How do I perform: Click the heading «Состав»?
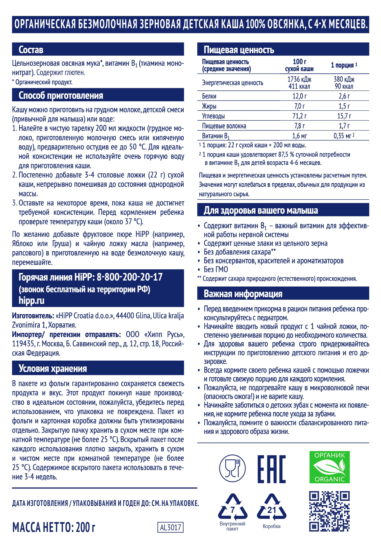pos(31,50)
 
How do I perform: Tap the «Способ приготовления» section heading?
pos(61,95)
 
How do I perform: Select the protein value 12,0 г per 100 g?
pos(299,96)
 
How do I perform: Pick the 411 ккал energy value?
pos(299,87)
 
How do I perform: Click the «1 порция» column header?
pos(343,65)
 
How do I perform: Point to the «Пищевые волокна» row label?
pos(224,126)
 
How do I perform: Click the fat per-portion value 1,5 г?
pos(344,106)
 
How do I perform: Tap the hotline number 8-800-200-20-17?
pos(130,277)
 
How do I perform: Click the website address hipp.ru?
pos(31,300)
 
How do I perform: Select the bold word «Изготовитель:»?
pos(33,316)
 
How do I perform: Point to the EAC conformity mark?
pos(271,469)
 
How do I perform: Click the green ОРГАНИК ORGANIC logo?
pos(329,467)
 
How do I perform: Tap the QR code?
pos(329,511)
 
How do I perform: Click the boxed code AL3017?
pos(170,527)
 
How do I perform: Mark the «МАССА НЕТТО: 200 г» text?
pos(53,527)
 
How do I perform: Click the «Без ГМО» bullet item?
pos(216,270)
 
